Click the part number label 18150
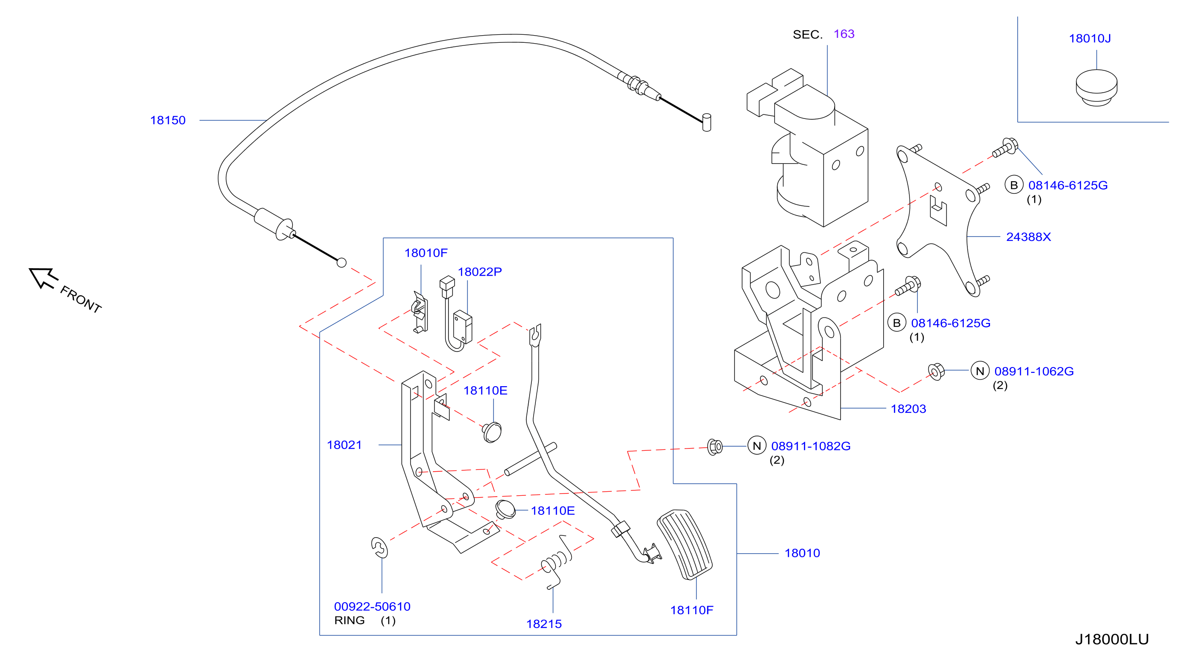[x=167, y=120]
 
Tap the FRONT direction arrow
[x=43, y=278]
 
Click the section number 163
[x=844, y=34]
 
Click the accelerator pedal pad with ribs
[x=684, y=544]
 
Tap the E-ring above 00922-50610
[x=379, y=547]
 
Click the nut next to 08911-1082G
[x=714, y=447]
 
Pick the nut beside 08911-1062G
[x=936, y=371]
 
